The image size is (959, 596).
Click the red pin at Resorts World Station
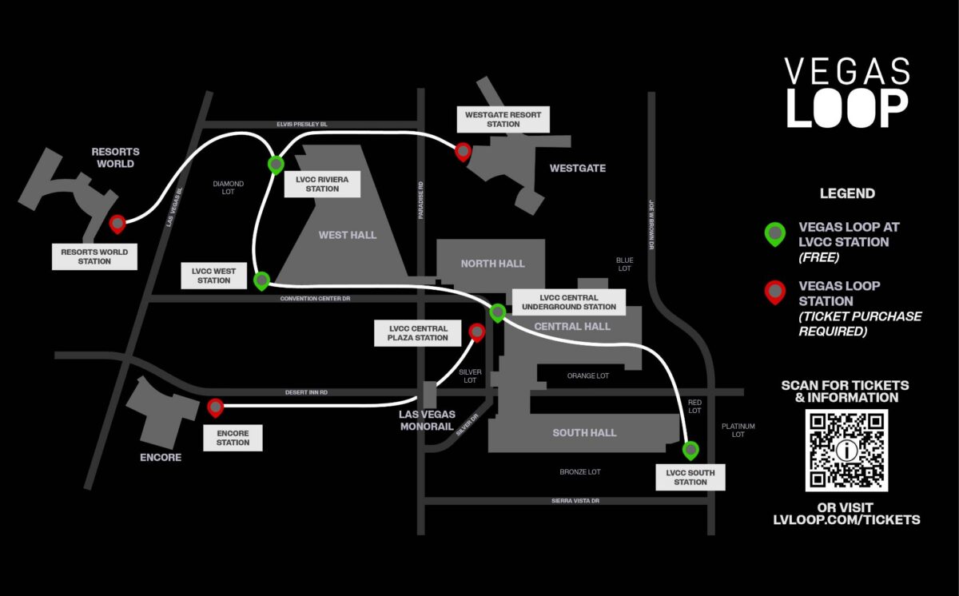117,223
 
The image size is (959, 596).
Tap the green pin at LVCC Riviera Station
275,164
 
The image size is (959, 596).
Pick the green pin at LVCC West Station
261,280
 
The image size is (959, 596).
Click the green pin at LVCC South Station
690,449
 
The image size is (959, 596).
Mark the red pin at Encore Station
215,407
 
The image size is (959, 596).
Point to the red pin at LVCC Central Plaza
477,331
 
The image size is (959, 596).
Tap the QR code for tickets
846,451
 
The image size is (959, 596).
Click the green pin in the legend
774,233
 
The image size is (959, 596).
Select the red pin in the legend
774,292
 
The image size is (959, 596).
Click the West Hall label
347,235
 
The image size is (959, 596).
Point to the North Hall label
492,264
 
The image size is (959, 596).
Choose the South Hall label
584,432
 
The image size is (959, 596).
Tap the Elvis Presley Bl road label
302,125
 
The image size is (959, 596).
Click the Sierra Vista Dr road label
574,500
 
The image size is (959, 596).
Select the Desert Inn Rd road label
307,392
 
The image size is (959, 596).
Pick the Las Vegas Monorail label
427,420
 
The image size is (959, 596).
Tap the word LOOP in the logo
847,108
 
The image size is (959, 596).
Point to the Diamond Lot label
228,188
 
